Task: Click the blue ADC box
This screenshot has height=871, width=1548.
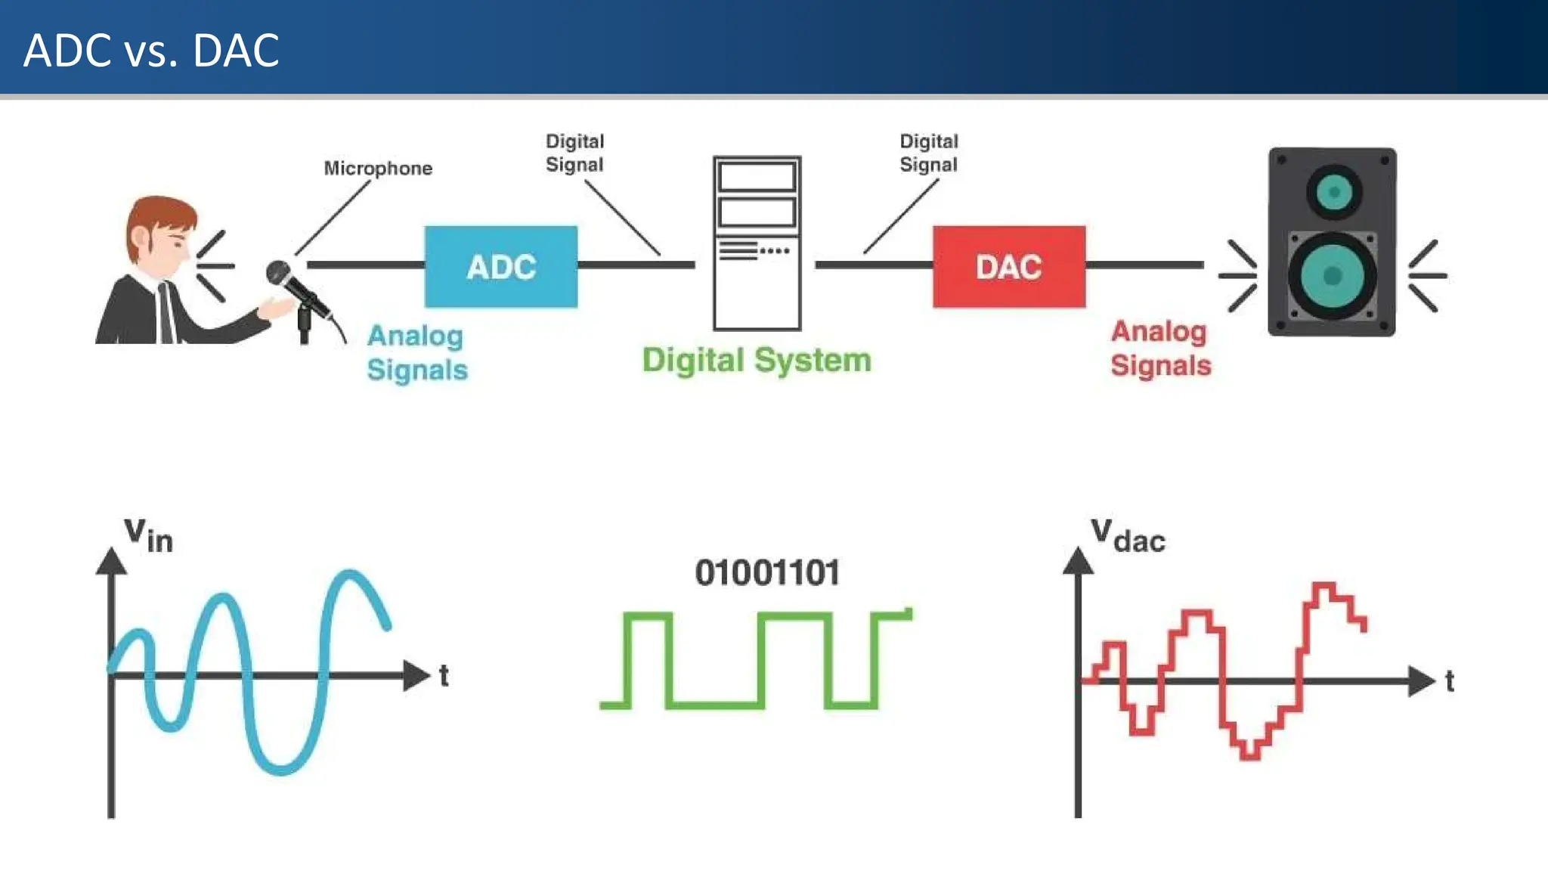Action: tap(500, 266)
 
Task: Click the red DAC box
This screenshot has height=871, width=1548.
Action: tap(1008, 266)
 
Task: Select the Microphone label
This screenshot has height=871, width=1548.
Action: tap(378, 168)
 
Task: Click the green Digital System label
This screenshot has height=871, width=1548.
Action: tap(757, 360)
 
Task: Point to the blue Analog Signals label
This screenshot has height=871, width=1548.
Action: tap(416, 352)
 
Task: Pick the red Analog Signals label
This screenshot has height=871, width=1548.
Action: tap(1160, 348)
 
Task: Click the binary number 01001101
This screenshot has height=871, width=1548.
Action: tap(767, 572)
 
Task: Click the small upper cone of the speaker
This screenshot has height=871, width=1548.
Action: tap(1334, 192)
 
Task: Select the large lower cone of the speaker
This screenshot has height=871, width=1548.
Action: tap(1333, 276)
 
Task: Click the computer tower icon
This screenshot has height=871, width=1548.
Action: tap(757, 243)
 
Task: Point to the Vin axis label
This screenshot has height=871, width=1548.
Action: tap(148, 535)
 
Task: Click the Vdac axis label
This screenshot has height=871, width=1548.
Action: tap(1128, 535)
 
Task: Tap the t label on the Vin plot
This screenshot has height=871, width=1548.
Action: tap(444, 675)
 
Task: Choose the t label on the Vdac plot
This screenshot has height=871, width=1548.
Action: tap(1449, 681)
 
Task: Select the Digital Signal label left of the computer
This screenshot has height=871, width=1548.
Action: tap(574, 153)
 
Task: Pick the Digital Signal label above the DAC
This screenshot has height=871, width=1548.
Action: tap(928, 153)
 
